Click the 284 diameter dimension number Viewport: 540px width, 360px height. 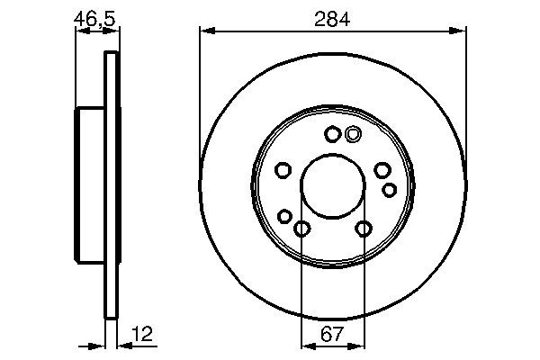(x=333, y=16)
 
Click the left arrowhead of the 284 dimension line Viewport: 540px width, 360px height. (x=205, y=31)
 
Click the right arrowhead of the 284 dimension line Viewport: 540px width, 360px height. (x=460, y=31)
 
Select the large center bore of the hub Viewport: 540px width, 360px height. (x=332, y=186)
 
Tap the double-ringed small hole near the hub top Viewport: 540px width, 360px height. (x=353, y=134)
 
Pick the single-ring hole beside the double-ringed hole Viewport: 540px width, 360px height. (x=333, y=134)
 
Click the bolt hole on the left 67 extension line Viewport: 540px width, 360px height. (x=301, y=229)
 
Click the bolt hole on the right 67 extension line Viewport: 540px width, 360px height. (x=363, y=229)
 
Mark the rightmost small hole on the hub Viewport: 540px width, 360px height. (x=390, y=189)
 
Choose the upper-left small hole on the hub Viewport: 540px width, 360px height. (x=283, y=171)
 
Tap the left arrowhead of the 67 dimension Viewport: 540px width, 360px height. (x=305, y=345)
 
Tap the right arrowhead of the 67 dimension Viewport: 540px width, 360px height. (x=359, y=345)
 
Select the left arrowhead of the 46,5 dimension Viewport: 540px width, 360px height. (x=80, y=31)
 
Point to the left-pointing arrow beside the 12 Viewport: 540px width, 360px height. (x=124, y=345)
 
